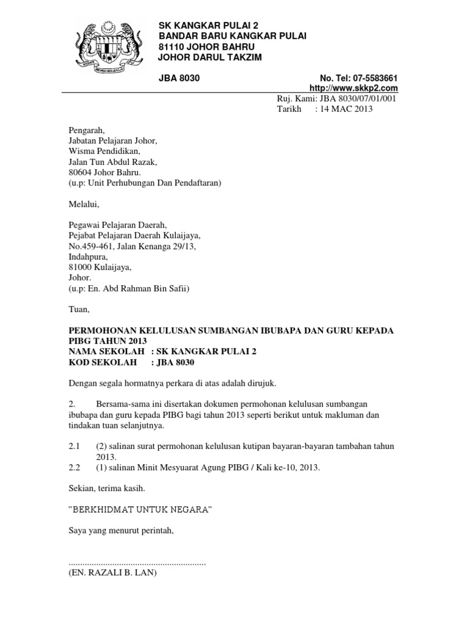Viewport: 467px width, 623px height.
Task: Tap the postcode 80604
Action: pyautogui.click(x=79, y=172)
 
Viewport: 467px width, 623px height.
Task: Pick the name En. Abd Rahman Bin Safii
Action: pyautogui.click(x=136, y=288)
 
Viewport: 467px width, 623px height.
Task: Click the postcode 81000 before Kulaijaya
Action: pyautogui.click(x=79, y=267)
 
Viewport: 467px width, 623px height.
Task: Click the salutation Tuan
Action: pyautogui.click(x=79, y=310)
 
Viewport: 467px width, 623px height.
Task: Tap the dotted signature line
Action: pyautogui.click(x=137, y=563)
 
